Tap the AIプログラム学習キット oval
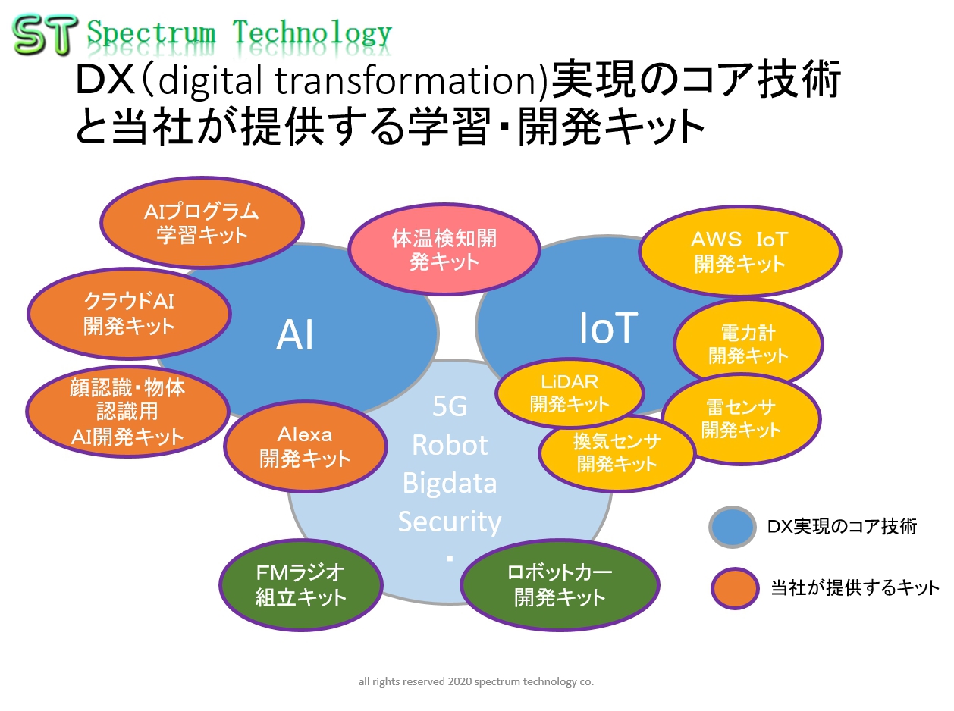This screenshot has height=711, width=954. coord(202,223)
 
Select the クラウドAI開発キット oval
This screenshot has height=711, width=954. coord(129,313)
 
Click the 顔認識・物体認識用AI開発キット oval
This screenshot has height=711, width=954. coord(127,412)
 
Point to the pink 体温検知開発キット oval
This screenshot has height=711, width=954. coord(444,249)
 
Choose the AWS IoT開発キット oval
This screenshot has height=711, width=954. coord(739,251)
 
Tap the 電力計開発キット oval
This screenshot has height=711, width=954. coord(748,344)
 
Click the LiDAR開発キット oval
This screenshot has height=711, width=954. coord(569,393)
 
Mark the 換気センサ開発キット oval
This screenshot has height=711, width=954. coord(617,453)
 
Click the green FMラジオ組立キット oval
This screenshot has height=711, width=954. coord(300,584)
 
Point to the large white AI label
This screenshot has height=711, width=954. coord(295,336)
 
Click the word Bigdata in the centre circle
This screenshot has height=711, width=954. coord(449,483)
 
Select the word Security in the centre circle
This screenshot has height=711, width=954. coord(449,522)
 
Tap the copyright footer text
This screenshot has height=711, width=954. coord(475,681)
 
